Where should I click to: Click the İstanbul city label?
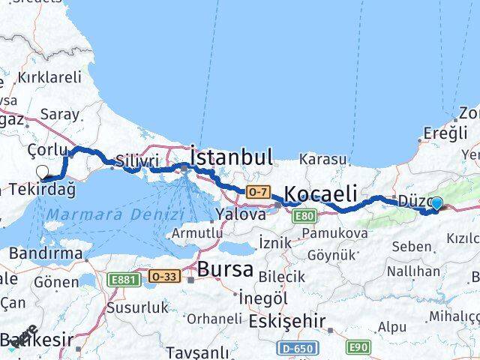click(231, 157)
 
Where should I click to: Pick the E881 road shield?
click(123, 279)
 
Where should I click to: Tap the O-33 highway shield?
click(163, 276)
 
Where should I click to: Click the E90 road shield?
click(358, 347)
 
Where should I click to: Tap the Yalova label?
click(240, 214)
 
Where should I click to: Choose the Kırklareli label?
click(49, 76)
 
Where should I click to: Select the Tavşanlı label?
click(196, 352)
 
